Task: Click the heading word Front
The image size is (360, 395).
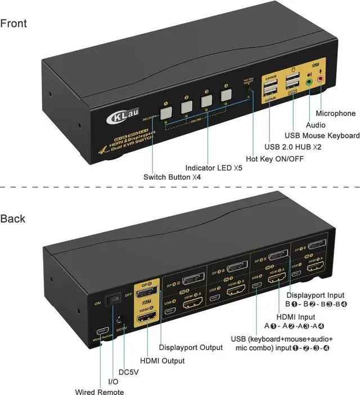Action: pyautogui.click(x=13, y=24)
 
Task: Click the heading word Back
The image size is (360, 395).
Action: pyautogui.click(x=13, y=218)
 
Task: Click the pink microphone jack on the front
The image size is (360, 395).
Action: pyautogui.click(x=321, y=79)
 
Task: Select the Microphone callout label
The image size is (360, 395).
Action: pyautogui.click(x=336, y=113)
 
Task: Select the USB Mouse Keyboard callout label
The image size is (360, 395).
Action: pyautogui.click(x=322, y=135)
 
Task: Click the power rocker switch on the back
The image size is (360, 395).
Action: pyautogui.click(x=115, y=298)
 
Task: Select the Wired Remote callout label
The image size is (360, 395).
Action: pyautogui.click(x=100, y=392)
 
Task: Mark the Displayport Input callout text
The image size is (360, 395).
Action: pyautogui.click(x=314, y=295)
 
